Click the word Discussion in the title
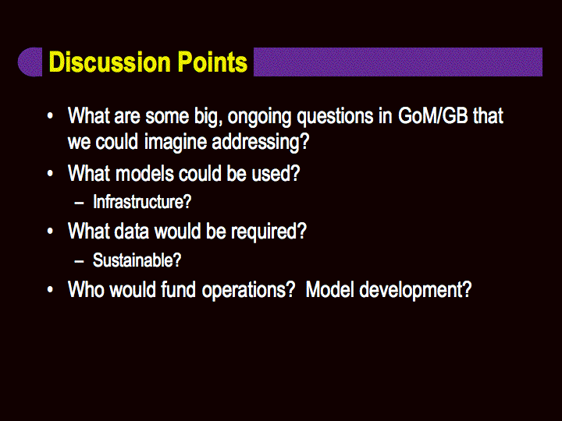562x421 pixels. click(110, 62)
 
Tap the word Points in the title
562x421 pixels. click(212, 62)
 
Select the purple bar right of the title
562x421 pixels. click(398, 62)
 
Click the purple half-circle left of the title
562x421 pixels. click(30, 62)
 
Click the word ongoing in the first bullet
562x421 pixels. click(259, 117)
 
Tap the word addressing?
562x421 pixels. click(260, 142)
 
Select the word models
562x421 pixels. click(144, 173)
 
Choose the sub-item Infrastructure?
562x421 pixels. click(142, 202)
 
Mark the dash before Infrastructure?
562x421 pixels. click(79, 203)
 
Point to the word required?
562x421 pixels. click(269, 232)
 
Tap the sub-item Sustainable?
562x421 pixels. click(137, 260)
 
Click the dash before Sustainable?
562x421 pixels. click(79, 261)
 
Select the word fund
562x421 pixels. click(178, 289)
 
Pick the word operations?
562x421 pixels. click(248, 290)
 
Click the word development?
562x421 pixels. click(415, 290)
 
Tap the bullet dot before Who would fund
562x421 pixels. click(50, 289)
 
